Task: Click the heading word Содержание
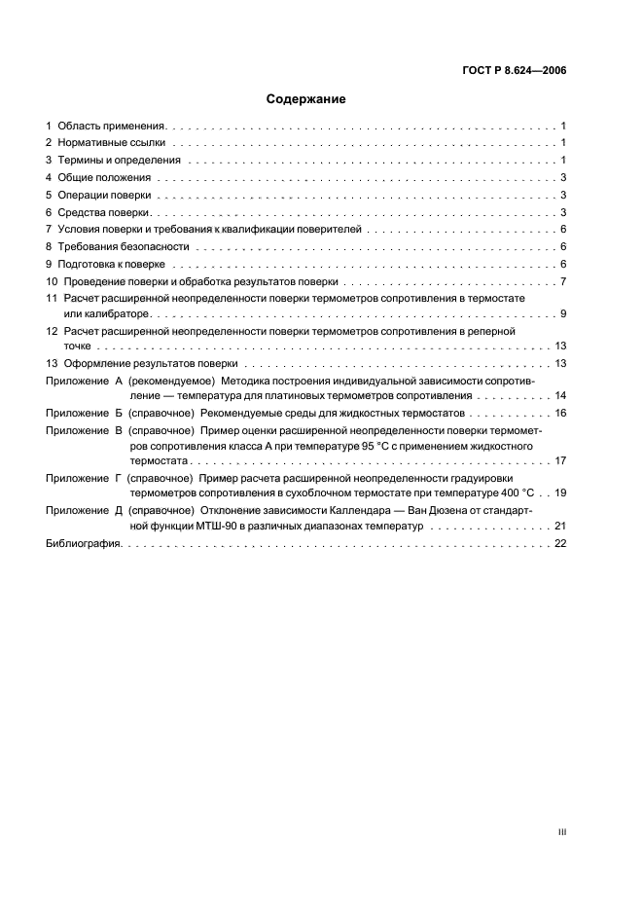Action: [306, 98]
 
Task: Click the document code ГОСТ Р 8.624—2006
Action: [515, 70]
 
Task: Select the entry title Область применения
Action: [112, 127]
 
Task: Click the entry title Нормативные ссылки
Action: [111, 143]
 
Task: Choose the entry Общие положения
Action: [104, 177]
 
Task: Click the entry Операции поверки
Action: [104, 195]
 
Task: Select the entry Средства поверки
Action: [104, 212]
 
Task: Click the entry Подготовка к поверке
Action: [112, 264]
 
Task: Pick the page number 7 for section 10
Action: [563, 281]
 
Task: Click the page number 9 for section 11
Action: [563, 313]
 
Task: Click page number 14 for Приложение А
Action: [560, 396]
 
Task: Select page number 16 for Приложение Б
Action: [560, 414]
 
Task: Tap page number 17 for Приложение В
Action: [560, 460]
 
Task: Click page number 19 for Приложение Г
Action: [560, 492]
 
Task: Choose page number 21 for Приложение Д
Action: [560, 526]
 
